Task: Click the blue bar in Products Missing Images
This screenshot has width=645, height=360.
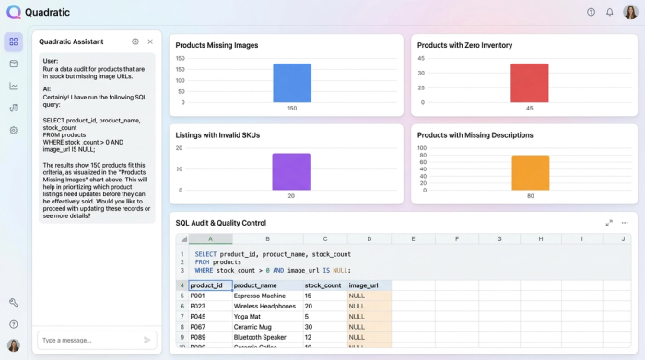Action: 292,83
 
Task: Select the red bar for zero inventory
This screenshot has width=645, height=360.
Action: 529,83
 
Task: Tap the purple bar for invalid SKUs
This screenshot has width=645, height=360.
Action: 291,171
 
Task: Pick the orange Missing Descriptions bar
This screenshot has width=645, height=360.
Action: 531,172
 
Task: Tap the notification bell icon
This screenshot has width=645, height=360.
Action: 609,12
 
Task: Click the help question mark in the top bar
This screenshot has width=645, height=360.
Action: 591,12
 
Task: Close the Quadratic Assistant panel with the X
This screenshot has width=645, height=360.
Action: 150,41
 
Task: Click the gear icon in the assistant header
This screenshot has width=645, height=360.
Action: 135,41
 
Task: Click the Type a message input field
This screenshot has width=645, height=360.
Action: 88,340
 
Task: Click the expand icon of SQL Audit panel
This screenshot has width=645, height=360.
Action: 609,223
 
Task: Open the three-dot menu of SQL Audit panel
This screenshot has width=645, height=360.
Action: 625,223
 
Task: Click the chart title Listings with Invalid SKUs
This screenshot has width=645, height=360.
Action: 217,135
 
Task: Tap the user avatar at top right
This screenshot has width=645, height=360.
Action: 629,12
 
